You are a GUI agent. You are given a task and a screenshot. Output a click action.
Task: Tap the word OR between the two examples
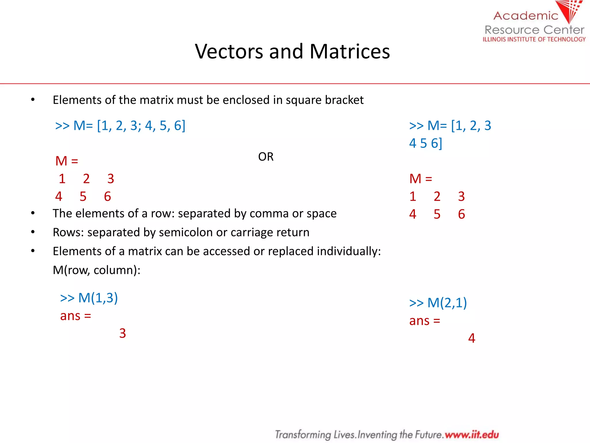click(x=266, y=157)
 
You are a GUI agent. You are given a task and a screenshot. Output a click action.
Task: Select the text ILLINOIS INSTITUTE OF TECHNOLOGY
click(x=534, y=40)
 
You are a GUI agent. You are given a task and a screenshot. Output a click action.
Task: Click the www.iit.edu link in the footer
click(x=472, y=435)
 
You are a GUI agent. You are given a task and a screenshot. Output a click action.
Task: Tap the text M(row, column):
click(x=97, y=270)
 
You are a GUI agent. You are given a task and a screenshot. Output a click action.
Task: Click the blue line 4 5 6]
click(x=426, y=143)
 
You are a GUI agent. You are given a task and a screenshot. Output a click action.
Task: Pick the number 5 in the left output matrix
click(x=83, y=197)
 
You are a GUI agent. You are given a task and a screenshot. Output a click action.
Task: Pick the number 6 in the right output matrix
click(x=461, y=214)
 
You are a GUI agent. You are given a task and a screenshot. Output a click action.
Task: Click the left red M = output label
click(x=67, y=161)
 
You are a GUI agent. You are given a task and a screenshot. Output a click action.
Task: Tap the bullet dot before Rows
click(x=33, y=232)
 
